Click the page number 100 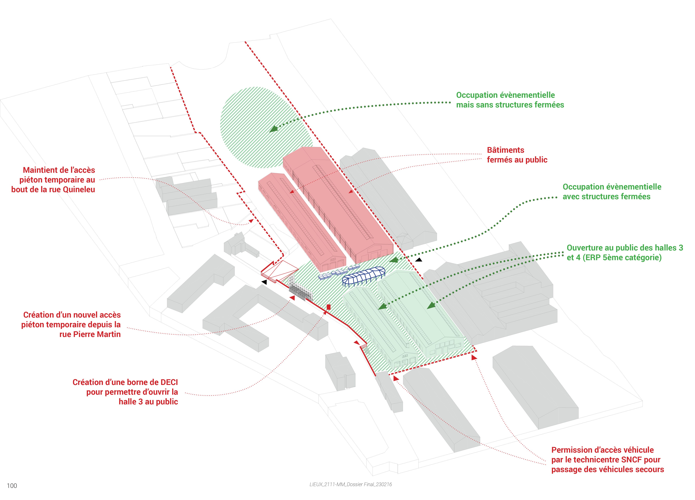point(12,486)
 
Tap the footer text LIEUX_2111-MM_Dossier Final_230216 point(351,484)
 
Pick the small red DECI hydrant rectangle point(329,307)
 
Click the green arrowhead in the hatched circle point(273,129)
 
